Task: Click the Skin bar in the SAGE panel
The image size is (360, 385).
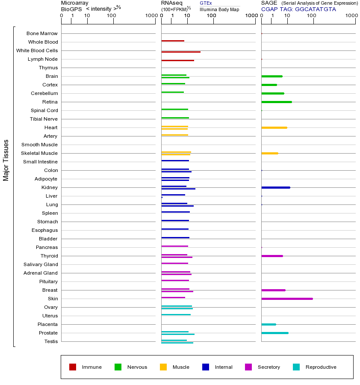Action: (287, 299)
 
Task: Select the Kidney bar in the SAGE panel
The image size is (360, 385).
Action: (276, 187)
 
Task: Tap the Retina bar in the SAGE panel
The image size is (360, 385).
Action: (277, 102)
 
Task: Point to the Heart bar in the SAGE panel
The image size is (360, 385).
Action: (274, 127)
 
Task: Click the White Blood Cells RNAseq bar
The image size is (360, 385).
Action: (181, 52)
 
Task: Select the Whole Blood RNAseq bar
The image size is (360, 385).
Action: (173, 41)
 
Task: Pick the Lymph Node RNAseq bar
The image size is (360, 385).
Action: (177, 60)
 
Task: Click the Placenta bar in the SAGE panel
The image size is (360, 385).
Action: (269, 324)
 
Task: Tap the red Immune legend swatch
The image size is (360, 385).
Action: (73, 367)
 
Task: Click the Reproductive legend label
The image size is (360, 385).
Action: (321, 367)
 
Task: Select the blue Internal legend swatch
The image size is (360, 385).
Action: (206, 367)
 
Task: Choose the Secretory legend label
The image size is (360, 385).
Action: (269, 367)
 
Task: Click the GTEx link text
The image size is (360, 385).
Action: (206, 3)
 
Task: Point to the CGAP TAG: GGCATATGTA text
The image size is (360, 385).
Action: (298, 9)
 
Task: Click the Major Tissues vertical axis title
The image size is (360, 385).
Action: (6, 160)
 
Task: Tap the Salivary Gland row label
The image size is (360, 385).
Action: (41, 264)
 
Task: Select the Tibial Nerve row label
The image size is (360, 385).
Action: (44, 119)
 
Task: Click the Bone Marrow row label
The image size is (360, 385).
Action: (42, 33)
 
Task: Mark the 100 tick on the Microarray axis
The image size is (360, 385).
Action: (112, 16)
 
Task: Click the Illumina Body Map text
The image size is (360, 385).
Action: (219, 9)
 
